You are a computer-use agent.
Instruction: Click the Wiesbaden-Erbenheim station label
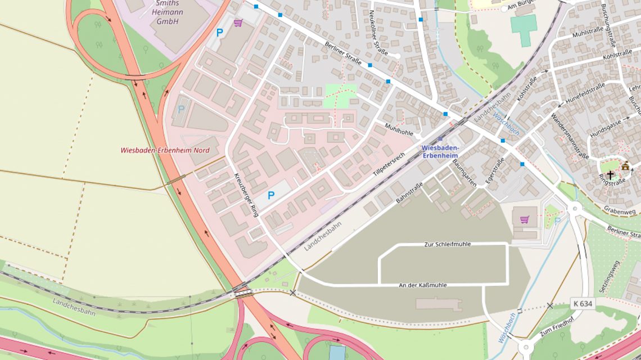tap(440, 151)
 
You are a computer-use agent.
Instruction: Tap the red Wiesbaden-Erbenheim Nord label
tap(165, 150)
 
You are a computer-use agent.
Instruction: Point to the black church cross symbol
tap(610, 175)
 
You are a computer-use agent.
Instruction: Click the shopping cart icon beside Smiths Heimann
tap(238, 23)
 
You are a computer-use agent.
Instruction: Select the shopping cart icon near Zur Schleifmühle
tap(524, 219)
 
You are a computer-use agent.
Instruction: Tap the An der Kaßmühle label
tap(423, 285)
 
